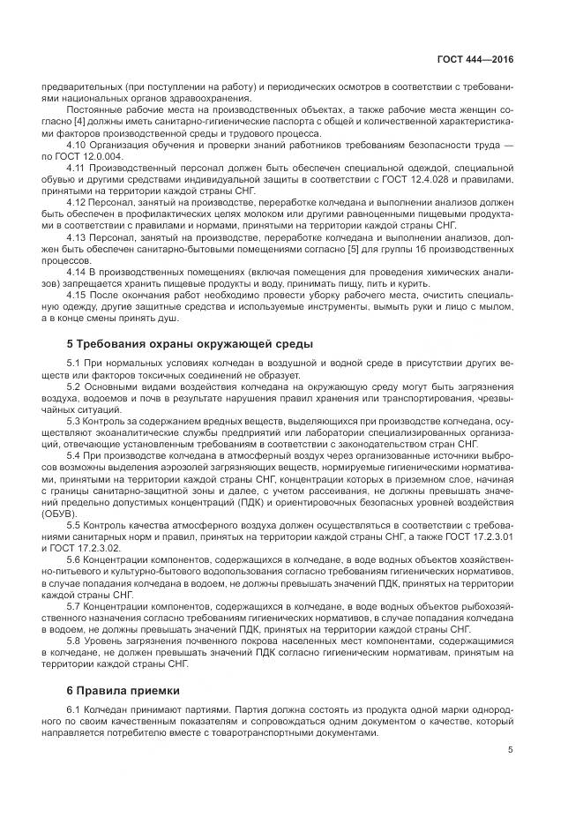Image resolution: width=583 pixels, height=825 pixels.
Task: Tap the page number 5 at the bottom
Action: (510, 750)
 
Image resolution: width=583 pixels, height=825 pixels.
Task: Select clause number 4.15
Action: (78, 295)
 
